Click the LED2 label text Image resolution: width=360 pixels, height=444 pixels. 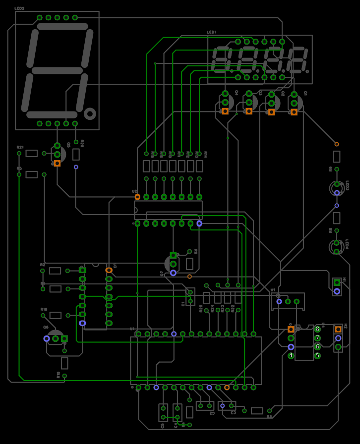(19, 8)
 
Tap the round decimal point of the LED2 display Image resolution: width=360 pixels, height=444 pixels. (90, 114)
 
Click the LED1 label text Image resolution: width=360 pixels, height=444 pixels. (211, 32)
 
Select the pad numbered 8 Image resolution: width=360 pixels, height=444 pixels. (317, 329)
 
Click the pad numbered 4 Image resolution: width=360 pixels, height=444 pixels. (291, 356)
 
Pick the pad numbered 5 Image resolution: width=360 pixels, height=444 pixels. (317, 356)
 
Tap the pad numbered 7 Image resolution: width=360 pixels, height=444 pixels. (317, 338)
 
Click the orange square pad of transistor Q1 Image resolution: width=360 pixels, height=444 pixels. (294, 112)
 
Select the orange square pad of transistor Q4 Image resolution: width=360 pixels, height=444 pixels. (225, 111)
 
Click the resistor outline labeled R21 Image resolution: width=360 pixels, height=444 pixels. (32, 154)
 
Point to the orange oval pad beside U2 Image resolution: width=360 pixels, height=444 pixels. (137, 197)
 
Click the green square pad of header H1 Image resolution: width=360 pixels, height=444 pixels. (337, 282)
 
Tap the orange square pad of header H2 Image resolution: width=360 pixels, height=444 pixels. (338, 329)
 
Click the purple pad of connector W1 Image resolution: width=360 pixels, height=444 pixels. (279, 301)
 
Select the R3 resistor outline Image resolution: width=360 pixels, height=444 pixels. (257, 411)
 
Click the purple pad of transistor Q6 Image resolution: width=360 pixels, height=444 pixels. (47, 338)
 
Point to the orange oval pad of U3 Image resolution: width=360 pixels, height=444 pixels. (109, 271)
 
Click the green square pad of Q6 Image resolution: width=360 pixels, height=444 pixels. (64, 338)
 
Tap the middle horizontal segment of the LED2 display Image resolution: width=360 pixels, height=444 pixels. (57, 70)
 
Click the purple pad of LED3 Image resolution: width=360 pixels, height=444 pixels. (337, 193)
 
